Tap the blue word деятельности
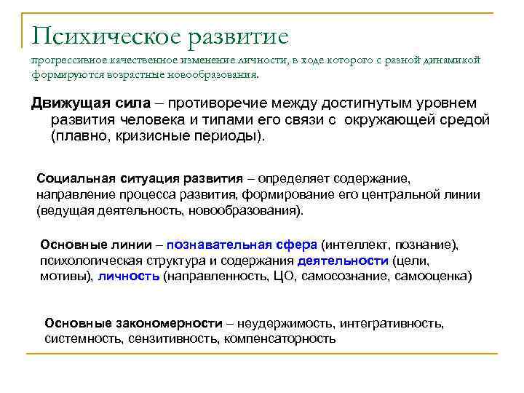point(343,261)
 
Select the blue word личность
point(129,277)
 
